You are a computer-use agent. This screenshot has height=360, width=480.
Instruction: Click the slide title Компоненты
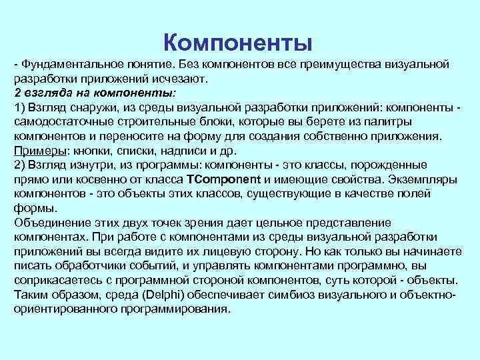click(238, 43)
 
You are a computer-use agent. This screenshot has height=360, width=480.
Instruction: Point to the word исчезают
click(179, 78)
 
